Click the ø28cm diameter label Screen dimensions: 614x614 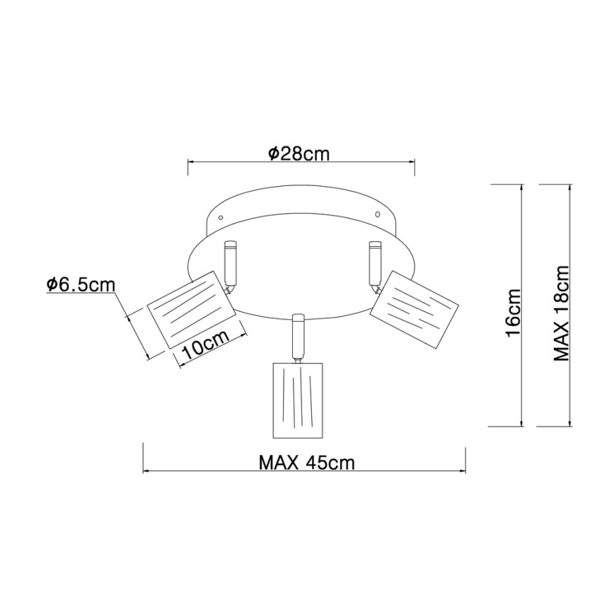click(299, 153)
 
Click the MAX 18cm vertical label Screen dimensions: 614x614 click(562, 313)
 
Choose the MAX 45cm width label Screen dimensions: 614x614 click(306, 463)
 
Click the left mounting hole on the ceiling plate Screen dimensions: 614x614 click(220, 216)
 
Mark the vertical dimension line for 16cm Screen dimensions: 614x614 click(522, 305)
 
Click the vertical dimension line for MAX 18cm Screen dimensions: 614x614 click(572, 305)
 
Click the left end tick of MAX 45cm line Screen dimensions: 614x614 click(144, 458)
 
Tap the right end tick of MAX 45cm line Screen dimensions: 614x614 click(465, 458)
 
